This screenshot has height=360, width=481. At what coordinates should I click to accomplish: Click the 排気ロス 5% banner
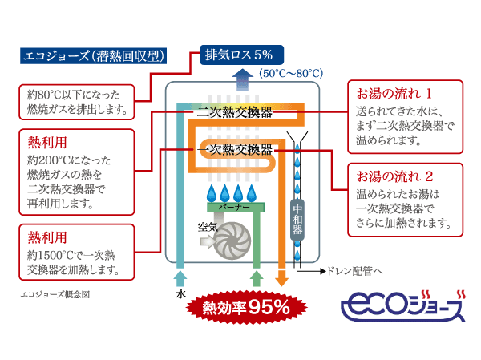point(239,55)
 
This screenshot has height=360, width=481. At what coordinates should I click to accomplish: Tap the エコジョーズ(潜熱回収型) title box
point(93,57)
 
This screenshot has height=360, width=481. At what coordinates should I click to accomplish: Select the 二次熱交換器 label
point(234,113)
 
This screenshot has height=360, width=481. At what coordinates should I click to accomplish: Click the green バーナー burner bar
point(232,207)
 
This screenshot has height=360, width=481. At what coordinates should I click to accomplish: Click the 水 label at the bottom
point(181,294)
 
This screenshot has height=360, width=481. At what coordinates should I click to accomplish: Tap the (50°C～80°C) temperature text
point(291,73)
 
